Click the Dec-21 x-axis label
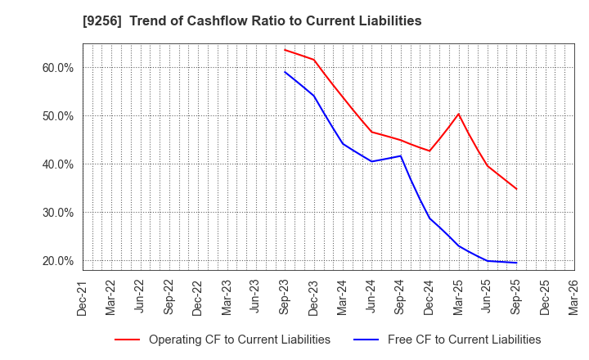(x=83, y=296)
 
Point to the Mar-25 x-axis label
(x=458, y=296)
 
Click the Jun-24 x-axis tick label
(x=371, y=296)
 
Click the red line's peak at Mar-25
(x=458, y=114)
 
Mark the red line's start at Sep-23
(x=285, y=49)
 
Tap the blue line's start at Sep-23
(x=285, y=71)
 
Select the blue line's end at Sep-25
(x=516, y=263)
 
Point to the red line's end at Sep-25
(x=516, y=189)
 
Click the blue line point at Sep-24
(x=401, y=155)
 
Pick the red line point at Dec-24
(x=429, y=151)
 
